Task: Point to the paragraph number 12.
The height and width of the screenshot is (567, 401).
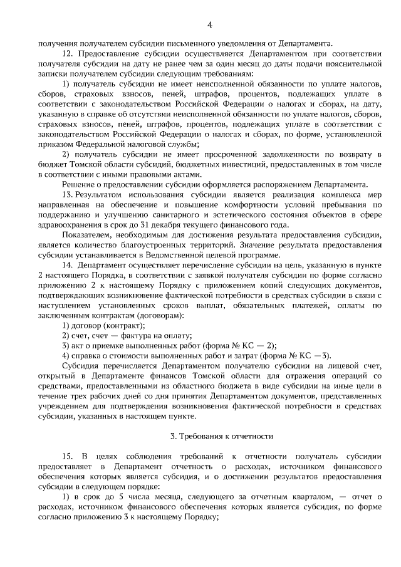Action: (68, 54)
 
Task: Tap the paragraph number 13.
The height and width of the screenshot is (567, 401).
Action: (68, 195)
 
